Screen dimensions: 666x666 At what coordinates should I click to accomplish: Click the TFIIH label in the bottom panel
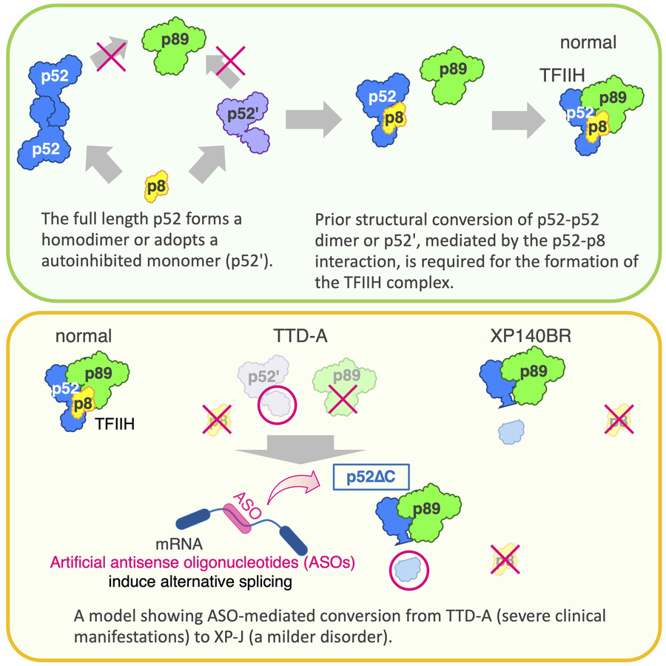(x=119, y=425)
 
